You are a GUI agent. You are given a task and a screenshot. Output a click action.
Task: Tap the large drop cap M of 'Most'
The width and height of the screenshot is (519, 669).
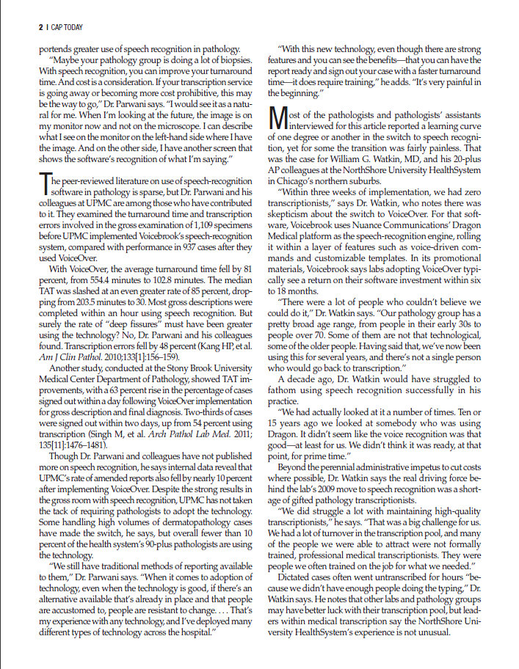[275, 118]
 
